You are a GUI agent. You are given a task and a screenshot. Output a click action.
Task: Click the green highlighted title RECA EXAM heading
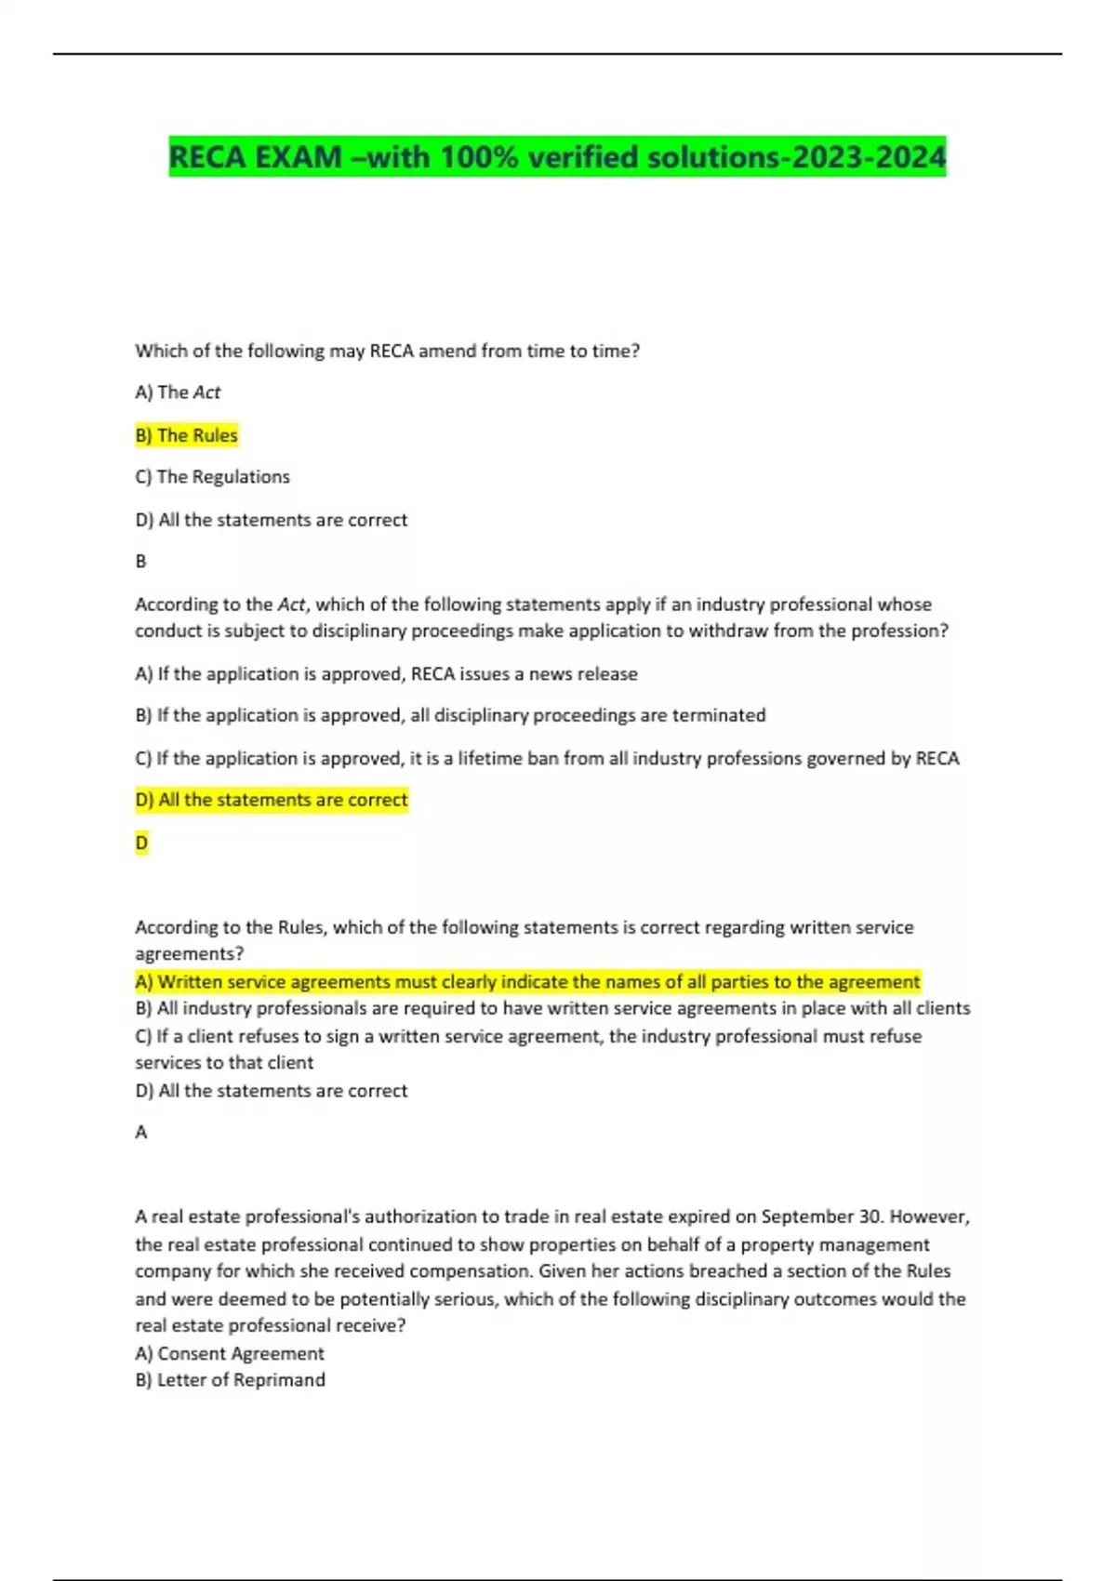coord(556,156)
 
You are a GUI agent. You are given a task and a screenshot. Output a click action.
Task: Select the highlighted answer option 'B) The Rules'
coord(186,435)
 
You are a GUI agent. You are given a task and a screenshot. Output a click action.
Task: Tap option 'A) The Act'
coord(178,392)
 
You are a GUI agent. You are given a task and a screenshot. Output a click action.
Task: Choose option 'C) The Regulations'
coord(212,477)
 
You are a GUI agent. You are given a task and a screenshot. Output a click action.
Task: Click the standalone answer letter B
coord(141,562)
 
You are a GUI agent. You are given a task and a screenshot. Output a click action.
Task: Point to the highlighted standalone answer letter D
coord(141,843)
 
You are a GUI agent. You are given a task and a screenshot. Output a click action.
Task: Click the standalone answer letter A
coord(141,1133)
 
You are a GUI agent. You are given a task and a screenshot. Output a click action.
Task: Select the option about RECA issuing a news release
coord(386,674)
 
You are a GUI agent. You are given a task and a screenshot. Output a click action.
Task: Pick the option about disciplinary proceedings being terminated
coord(450,715)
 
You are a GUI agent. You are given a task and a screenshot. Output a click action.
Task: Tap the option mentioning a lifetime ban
coord(547,759)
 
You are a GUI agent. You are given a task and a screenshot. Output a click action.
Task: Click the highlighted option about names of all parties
coord(527,982)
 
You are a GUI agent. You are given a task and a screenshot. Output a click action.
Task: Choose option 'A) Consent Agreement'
coord(230,1354)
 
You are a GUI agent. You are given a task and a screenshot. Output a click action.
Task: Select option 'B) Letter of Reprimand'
coord(230,1380)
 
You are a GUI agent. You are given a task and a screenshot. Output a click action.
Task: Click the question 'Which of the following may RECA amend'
coord(387,352)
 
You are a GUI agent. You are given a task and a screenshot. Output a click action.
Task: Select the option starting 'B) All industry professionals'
coord(552,1009)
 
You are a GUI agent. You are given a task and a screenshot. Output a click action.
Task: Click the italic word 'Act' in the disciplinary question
coord(291,604)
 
